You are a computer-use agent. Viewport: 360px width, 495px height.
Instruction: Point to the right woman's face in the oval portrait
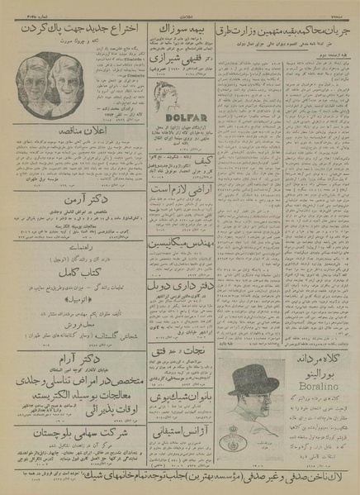(x=67, y=87)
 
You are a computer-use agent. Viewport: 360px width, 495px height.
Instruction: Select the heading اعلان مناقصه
(x=71, y=131)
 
